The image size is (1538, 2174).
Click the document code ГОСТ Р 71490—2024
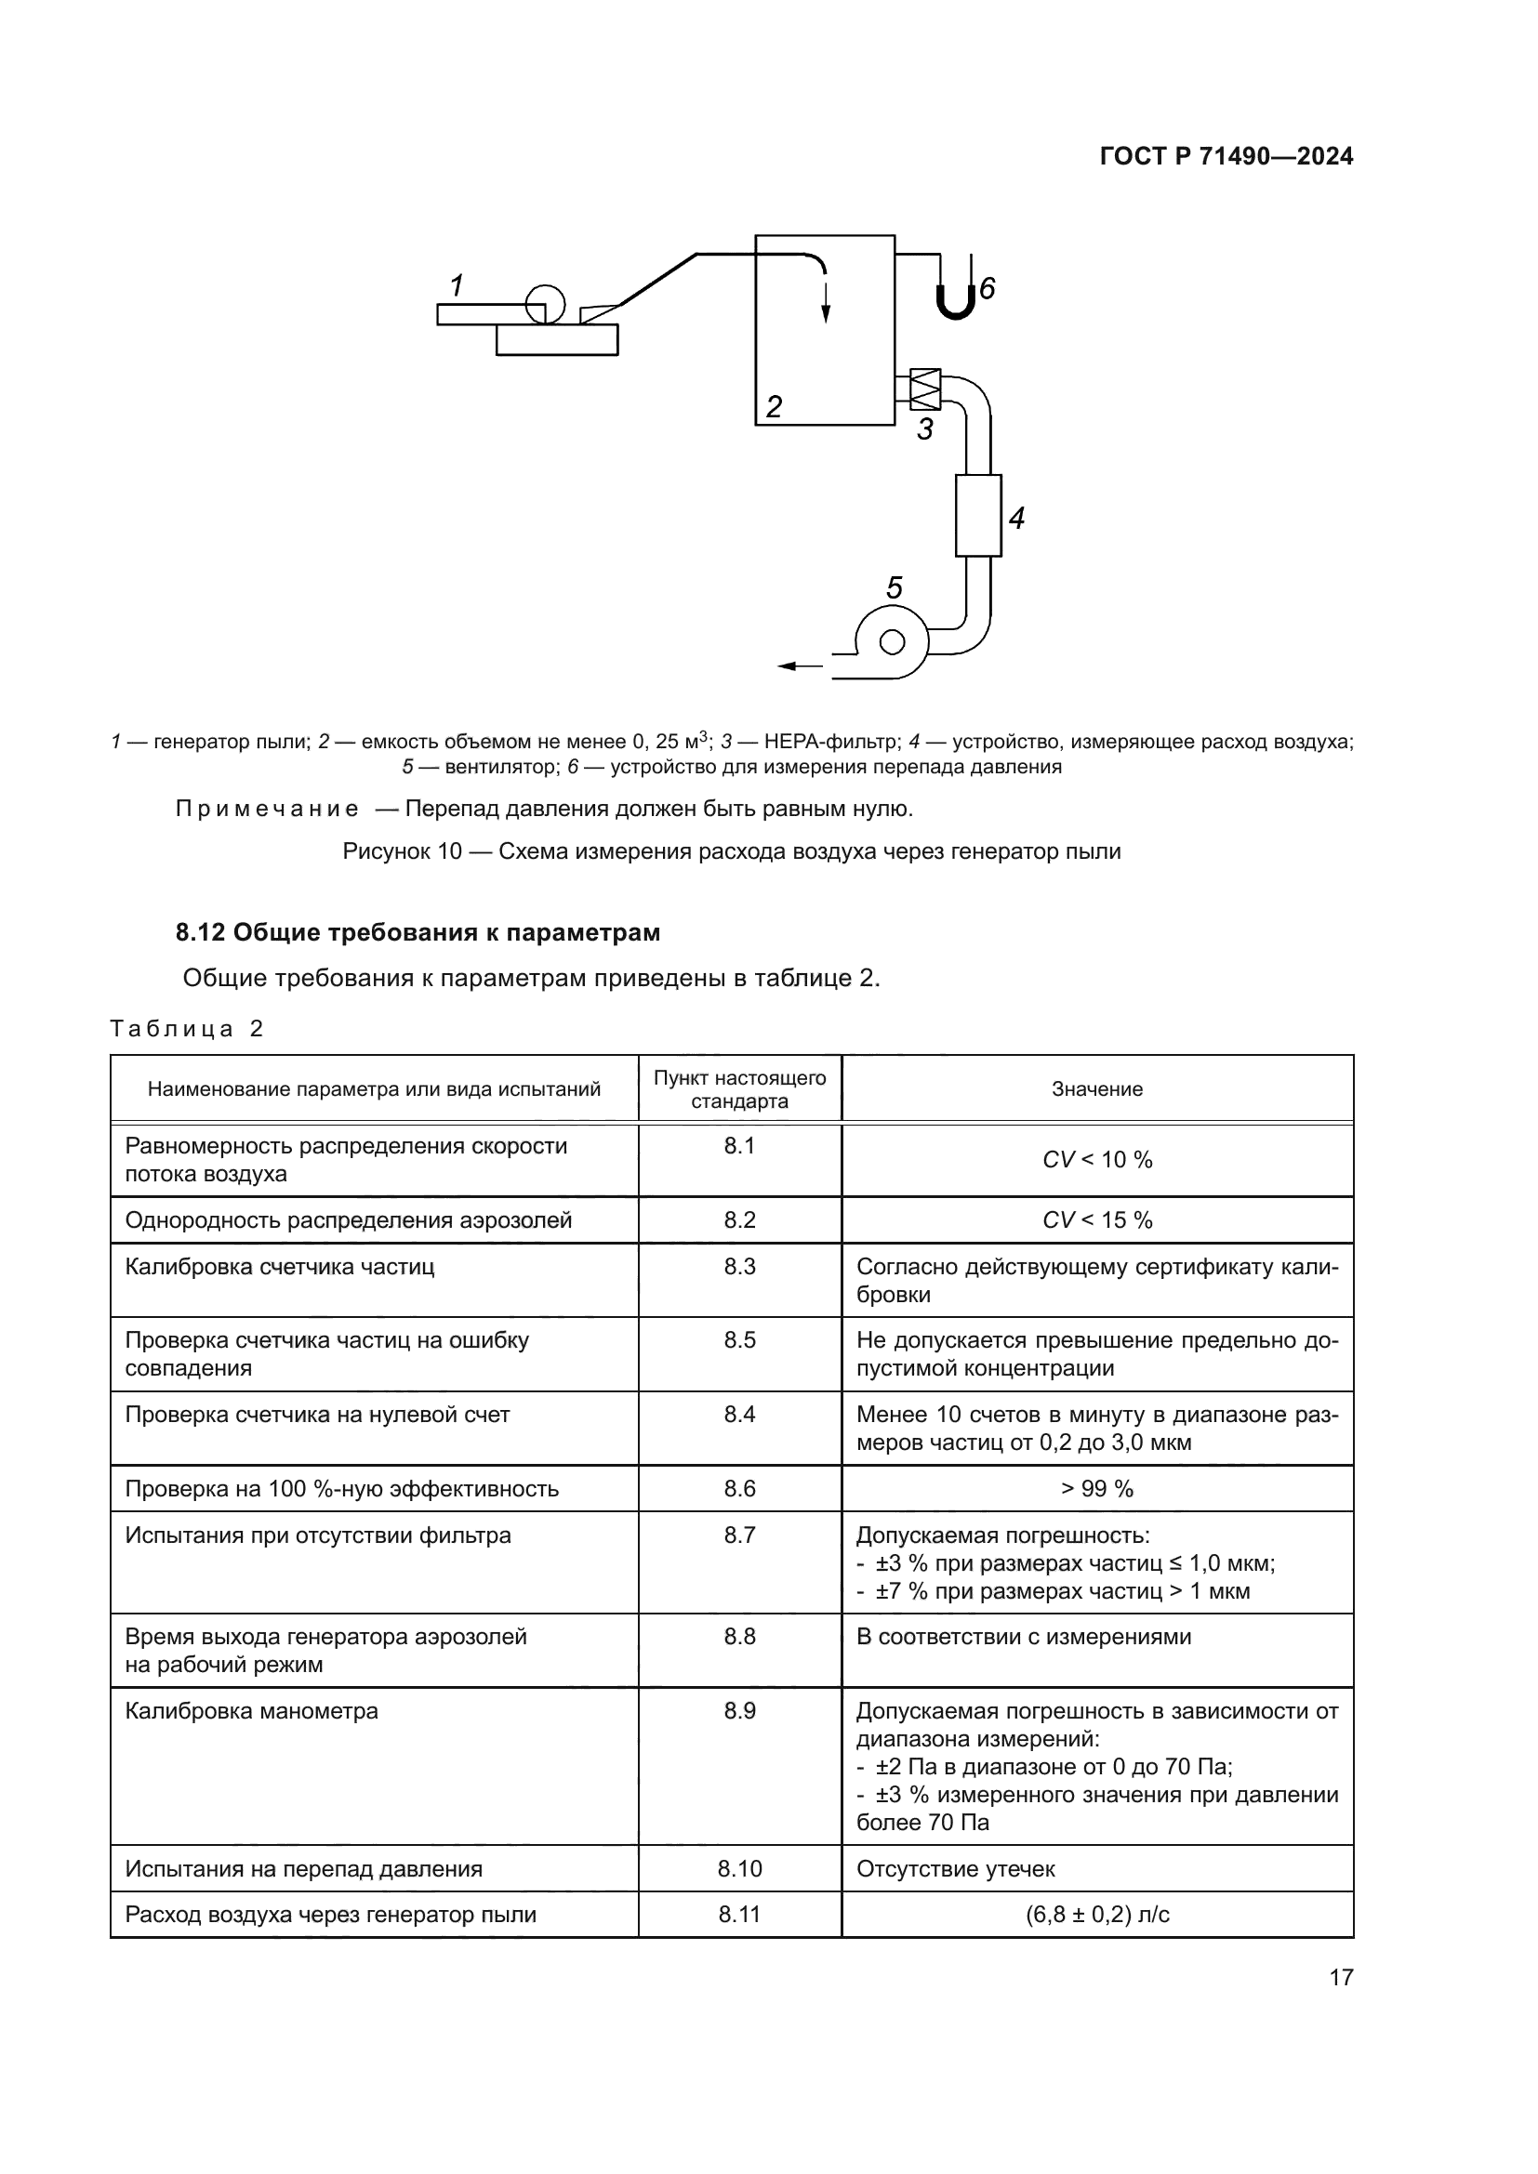(x=1226, y=157)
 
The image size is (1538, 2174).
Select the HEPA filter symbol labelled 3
(x=924, y=389)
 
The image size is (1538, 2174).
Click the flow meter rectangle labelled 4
(x=977, y=515)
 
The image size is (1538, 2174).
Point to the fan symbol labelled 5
(x=891, y=642)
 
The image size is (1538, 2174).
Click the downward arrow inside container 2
(x=826, y=301)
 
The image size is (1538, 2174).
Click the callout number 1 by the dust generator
(x=457, y=285)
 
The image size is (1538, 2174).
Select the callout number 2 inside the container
(x=774, y=407)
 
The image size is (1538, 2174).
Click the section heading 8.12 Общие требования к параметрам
(x=418, y=932)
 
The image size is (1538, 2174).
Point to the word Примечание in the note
(x=267, y=809)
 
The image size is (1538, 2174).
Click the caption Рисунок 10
(x=731, y=851)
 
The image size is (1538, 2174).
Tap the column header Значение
(x=1096, y=1089)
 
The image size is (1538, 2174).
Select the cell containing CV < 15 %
(x=1096, y=1219)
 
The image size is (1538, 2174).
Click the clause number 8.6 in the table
(x=739, y=1488)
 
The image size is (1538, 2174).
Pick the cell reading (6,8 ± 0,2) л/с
(x=1096, y=1915)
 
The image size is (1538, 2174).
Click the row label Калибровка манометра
(x=251, y=1711)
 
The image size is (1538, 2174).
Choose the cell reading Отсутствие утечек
(x=955, y=1868)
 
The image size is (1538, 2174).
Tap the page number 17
(x=1341, y=1977)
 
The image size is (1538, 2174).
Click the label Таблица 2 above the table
(x=187, y=1029)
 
